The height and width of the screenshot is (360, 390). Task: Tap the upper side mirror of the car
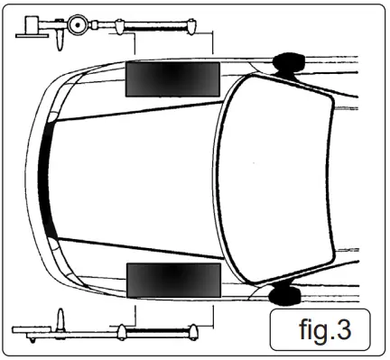pyautogui.click(x=288, y=61)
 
